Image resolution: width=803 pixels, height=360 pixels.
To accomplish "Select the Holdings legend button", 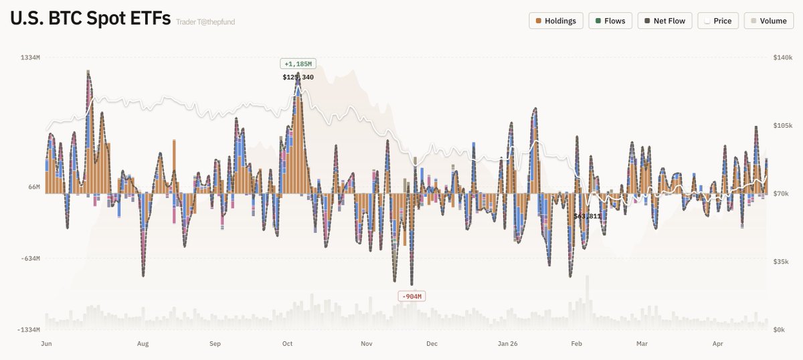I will (556, 21).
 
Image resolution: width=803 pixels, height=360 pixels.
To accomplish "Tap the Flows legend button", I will (610, 21).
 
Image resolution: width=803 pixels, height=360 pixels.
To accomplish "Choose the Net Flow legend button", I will (664, 21).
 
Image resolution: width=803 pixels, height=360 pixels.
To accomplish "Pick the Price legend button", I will (717, 21).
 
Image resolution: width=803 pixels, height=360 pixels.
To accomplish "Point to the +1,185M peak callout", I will (298, 64).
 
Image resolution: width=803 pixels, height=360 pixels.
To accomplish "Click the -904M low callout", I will (412, 296).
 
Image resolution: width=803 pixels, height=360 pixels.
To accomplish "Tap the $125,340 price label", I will (298, 77).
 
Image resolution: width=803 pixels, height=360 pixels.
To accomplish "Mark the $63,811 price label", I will (588, 216).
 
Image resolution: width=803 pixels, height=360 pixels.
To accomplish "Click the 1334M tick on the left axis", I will (30, 58).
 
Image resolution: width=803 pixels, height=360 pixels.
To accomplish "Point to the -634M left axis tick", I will (29, 258).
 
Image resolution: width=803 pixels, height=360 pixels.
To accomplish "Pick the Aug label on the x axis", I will (143, 344).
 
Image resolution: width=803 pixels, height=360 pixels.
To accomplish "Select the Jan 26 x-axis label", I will (508, 344).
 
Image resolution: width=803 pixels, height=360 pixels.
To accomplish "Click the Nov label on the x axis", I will (366, 344).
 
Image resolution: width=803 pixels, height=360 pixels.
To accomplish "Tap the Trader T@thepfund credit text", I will (205, 22).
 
